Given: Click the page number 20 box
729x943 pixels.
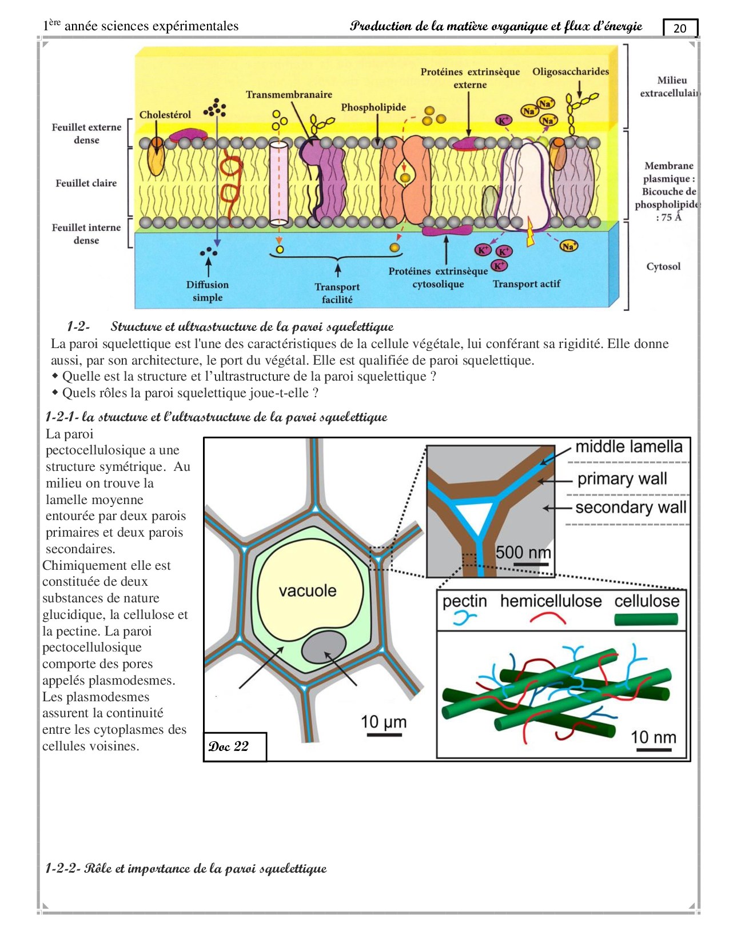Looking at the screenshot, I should click(680, 28).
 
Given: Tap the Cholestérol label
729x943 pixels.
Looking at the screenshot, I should click(165, 115).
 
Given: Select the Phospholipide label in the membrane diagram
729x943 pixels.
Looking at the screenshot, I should click(373, 107).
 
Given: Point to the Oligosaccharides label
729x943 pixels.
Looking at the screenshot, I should click(570, 71).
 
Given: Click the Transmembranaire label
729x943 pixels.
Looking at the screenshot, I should click(289, 94).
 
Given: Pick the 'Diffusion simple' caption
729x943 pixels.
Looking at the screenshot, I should click(207, 291).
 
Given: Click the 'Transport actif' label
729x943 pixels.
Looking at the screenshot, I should click(526, 284).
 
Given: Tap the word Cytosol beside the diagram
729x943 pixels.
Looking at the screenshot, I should click(663, 266).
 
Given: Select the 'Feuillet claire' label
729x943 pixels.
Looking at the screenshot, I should click(86, 183).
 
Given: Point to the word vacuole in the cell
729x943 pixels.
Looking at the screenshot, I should click(307, 590).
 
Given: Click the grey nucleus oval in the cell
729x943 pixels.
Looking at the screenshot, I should click(324, 648).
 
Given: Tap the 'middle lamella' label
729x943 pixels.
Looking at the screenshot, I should click(628, 446).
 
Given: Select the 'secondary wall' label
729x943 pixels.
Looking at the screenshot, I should click(630, 508).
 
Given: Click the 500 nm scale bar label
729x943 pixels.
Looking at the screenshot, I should click(523, 552).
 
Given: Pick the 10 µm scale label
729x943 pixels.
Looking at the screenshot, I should click(383, 722).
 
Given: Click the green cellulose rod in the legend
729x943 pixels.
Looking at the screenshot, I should click(646, 619).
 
